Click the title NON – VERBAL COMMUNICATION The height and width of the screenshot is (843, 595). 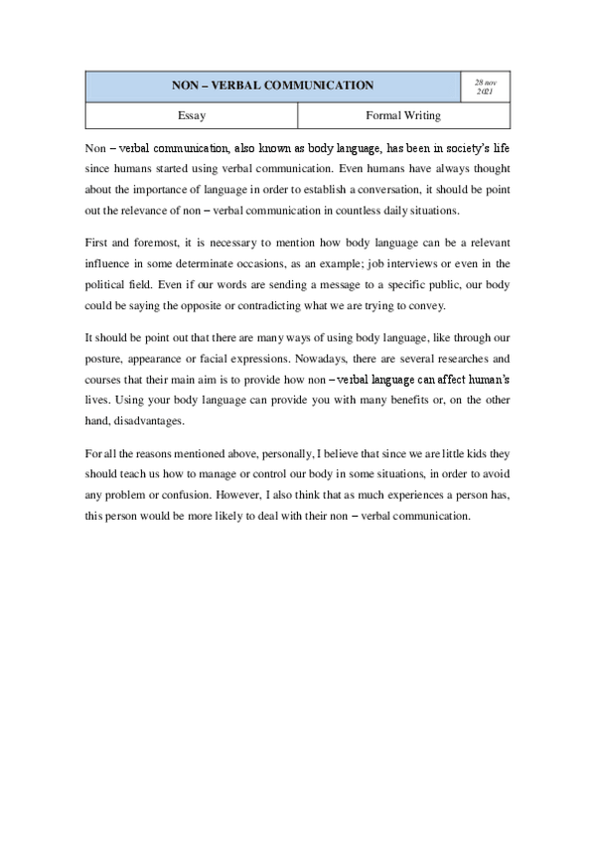pos(272,85)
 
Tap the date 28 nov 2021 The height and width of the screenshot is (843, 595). pos(485,85)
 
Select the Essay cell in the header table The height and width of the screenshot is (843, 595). pos(192,115)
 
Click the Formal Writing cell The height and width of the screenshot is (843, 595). pos(403,115)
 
